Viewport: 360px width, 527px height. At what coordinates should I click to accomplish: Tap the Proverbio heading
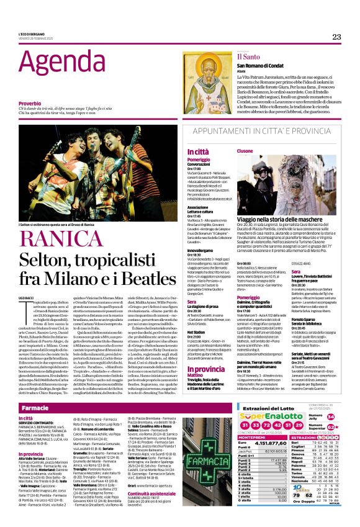(x=30, y=103)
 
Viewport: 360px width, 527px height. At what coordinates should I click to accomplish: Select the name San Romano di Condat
(x=277, y=68)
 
